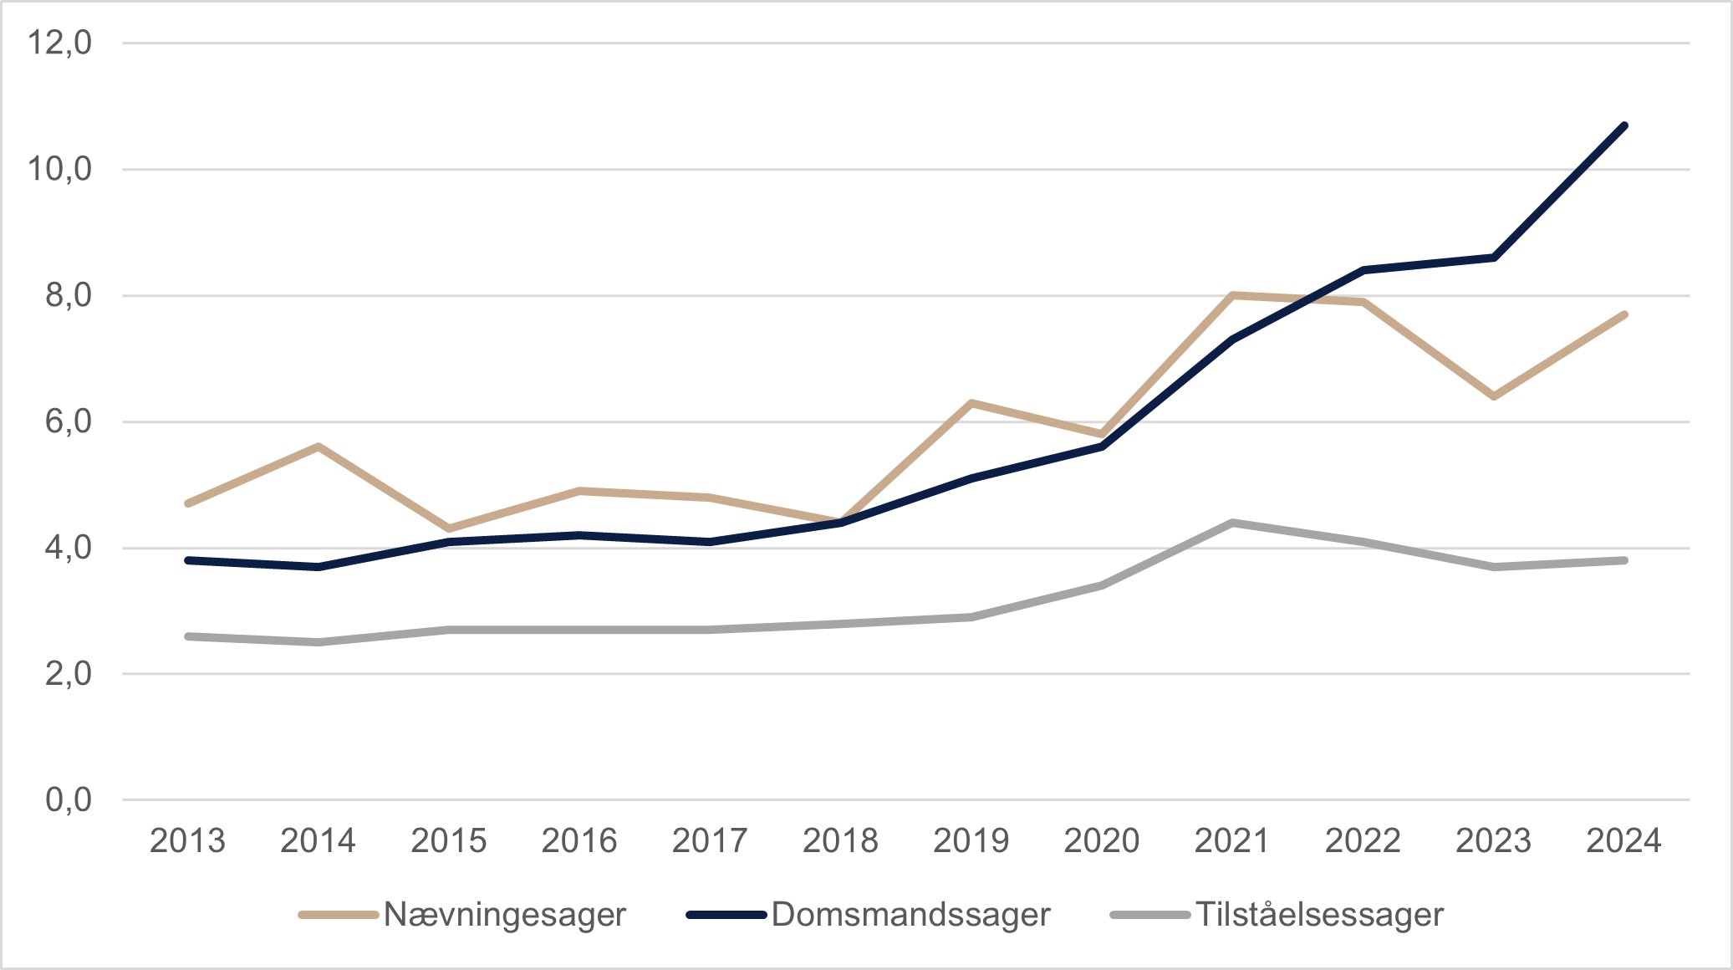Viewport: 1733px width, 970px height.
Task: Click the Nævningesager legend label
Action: click(504, 915)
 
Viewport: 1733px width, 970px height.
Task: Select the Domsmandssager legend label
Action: click(910, 915)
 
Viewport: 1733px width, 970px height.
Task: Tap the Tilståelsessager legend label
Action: click(1319, 915)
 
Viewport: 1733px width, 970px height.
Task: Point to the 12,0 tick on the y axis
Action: click(59, 42)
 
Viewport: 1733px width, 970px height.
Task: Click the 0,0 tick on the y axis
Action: click(69, 800)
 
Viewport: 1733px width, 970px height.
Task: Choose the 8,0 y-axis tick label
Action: click(69, 295)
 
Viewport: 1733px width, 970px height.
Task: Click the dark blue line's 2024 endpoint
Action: click(1623, 126)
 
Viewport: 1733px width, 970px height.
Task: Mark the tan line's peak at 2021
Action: click(1232, 295)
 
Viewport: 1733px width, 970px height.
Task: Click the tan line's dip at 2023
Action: click(1493, 396)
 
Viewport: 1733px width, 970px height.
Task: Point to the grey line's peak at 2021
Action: click(1232, 523)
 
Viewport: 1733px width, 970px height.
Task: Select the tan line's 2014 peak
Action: click(319, 447)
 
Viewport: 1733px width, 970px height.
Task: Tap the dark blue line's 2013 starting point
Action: click(188, 560)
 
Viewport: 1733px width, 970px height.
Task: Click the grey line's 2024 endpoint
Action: click(1623, 560)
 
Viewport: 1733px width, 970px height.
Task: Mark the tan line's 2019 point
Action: click(971, 403)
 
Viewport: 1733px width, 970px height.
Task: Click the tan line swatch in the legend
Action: click(339, 915)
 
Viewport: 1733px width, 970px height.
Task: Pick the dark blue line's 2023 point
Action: click(1493, 258)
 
